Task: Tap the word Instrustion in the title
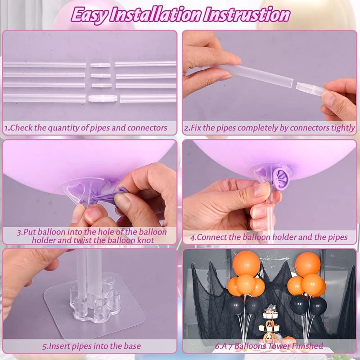pyautogui.click(x=247, y=15)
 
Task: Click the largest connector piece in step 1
pyautogui.click(x=103, y=99)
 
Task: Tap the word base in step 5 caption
pyautogui.click(x=132, y=346)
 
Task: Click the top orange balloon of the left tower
pyautogui.click(x=246, y=263)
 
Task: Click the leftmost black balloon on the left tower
pyautogui.click(x=235, y=306)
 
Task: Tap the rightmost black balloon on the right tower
pyautogui.click(x=318, y=306)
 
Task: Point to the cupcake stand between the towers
pyautogui.click(x=270, y=324)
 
